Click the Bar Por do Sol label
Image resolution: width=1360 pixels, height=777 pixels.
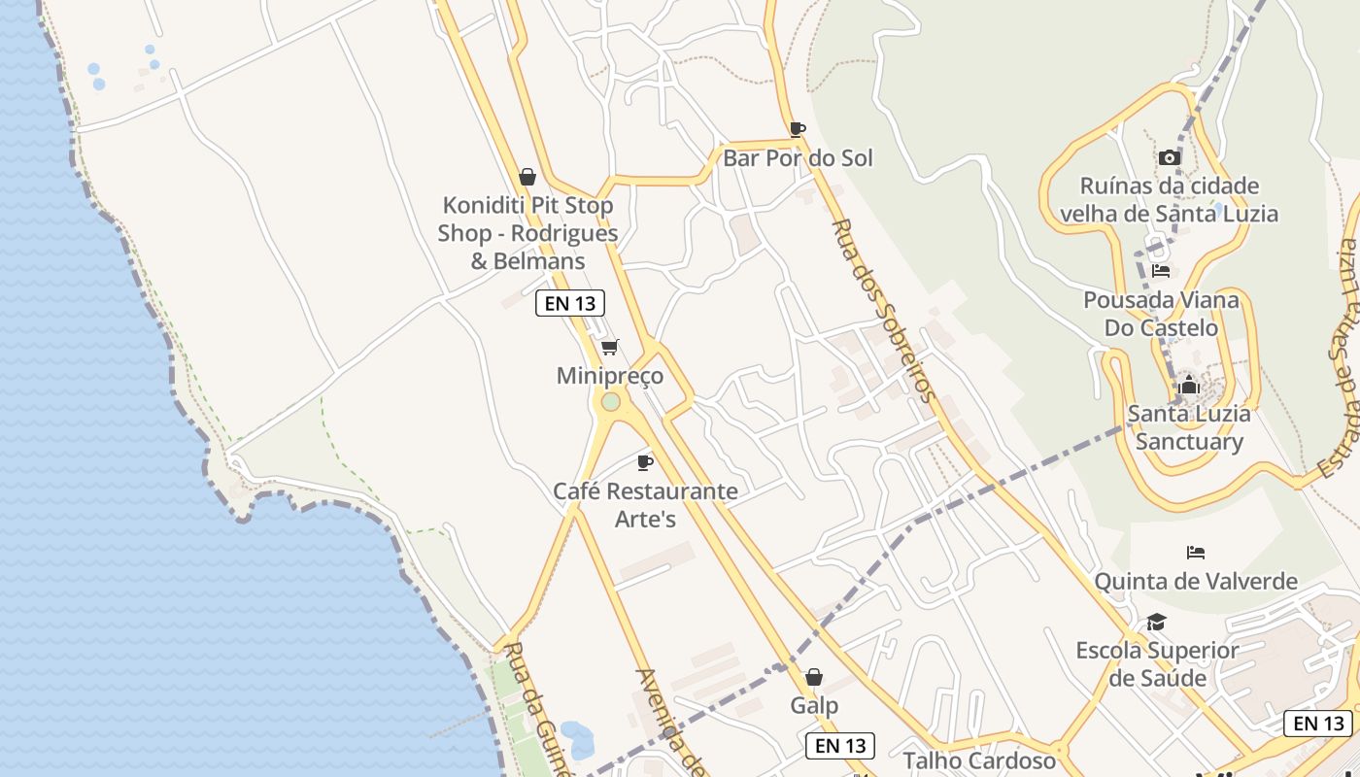[x=798, y=158]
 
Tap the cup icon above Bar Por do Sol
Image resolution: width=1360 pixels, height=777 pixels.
[x=798, y=129]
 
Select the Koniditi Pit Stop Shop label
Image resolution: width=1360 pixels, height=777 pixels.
[x=527, y=233]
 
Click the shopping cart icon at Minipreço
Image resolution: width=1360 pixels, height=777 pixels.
[x=610, y=347]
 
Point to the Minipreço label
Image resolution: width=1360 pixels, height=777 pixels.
[x=610, y=376]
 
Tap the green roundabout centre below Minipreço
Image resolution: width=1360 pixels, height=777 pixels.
[x=610, y=401]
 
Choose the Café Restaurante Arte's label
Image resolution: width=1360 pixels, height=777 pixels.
[x=645, y=505]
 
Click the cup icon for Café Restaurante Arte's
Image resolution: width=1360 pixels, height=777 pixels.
[x=644, y=462]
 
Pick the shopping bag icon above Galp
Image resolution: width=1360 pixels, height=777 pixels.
[x=814, y=677]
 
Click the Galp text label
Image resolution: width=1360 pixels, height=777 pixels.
[x=814, y=705]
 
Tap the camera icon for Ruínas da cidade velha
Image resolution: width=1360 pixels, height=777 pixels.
[x=1169, y=157]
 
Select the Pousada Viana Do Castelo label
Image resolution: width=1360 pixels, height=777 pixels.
[x=1161, y=314]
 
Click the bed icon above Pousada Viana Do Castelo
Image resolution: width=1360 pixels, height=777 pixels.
[x=1160, y=271]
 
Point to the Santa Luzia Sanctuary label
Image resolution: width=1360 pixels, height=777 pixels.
[x=1189, y=427]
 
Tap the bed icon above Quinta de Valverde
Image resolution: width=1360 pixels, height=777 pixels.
[x=1196, y=553]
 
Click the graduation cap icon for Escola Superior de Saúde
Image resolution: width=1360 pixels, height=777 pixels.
[x=1156, y=622]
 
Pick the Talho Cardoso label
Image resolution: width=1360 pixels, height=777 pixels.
[x=979, y=760]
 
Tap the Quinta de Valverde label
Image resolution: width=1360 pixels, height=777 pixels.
[x=1196, y=582]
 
